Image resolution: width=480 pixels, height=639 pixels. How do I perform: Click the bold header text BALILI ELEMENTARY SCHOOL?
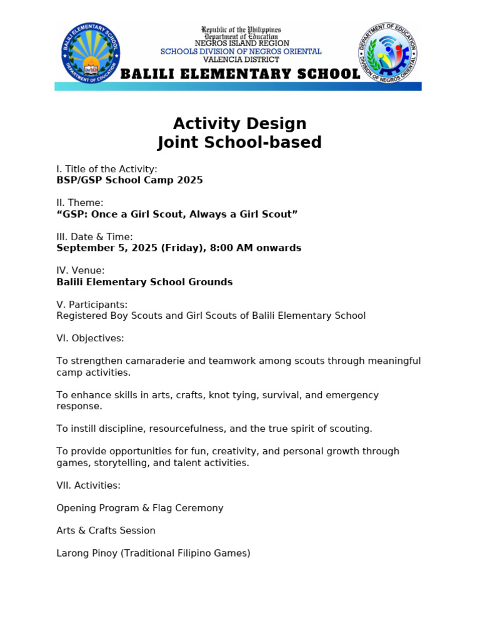(240, 74)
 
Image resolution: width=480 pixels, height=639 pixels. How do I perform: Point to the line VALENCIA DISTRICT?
(241, 59)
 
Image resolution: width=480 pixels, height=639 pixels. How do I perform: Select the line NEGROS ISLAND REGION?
(241, 44)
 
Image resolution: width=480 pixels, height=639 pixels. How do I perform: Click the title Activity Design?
(239, 124)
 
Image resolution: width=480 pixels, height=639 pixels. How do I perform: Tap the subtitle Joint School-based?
(239, 143)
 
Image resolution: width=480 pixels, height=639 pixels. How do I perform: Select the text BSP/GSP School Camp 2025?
(129, 180)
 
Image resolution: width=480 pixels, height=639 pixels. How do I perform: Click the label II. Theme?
(80, 203)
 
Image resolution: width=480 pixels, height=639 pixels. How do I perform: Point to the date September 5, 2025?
(107, 248)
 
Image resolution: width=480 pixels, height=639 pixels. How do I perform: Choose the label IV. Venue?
(81, 270)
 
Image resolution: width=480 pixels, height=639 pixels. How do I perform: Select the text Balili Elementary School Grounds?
(144, 282)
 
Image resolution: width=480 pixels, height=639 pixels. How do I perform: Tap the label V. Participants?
(92, 305)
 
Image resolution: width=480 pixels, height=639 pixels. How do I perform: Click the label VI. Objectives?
(90, 338)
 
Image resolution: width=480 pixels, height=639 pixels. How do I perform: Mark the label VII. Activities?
(88, 485)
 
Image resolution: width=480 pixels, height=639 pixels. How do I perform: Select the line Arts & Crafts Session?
(106, 530)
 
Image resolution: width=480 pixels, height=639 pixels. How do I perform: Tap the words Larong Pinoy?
(85, 553)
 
